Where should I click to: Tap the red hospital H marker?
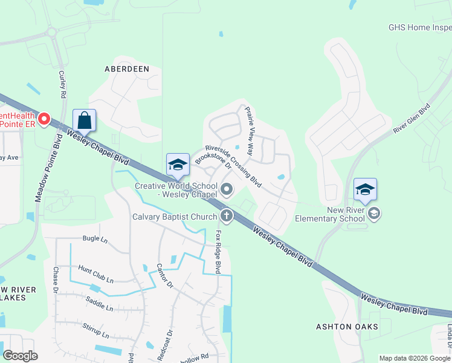pyautogui.click(x=44, y=119)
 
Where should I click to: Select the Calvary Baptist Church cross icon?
pyautogui.click(x=227, y=215)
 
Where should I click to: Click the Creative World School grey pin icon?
pyautogui.click(x=227, y=191)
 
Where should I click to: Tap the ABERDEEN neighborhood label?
pyautogui.click(x=127, y=69)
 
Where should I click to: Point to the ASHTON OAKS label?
pyautogui.click(x=347, y=327)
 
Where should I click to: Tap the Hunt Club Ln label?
pyautogui.click(x=95, y=274)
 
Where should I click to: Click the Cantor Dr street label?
pyautogui.click(x=164, y=275)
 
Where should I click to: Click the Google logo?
pyautogui.click(x=20, y=356)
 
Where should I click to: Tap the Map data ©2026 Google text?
pyautogui.click(x=415, y=358)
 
